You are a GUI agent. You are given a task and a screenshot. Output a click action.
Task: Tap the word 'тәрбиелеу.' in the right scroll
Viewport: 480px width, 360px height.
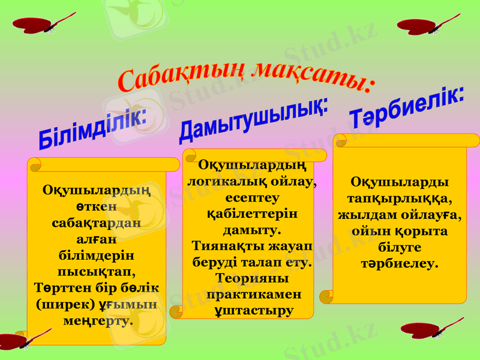[400, 263]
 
